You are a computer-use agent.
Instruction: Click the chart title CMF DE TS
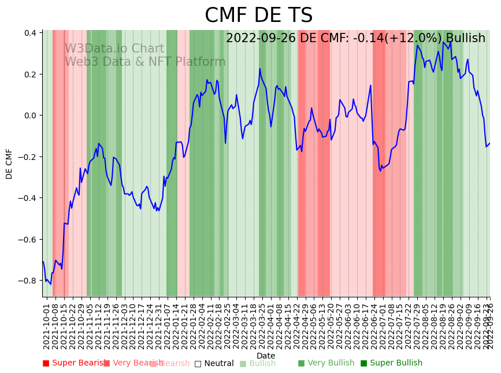click(258, 16)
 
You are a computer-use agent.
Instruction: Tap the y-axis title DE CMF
click(9, 164)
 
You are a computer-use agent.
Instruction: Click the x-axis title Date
click(266, 356)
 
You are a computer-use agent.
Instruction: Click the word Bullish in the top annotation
click(465, 38)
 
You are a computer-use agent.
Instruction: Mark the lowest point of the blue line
click(50, 284)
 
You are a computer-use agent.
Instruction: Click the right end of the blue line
click(489, 143)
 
